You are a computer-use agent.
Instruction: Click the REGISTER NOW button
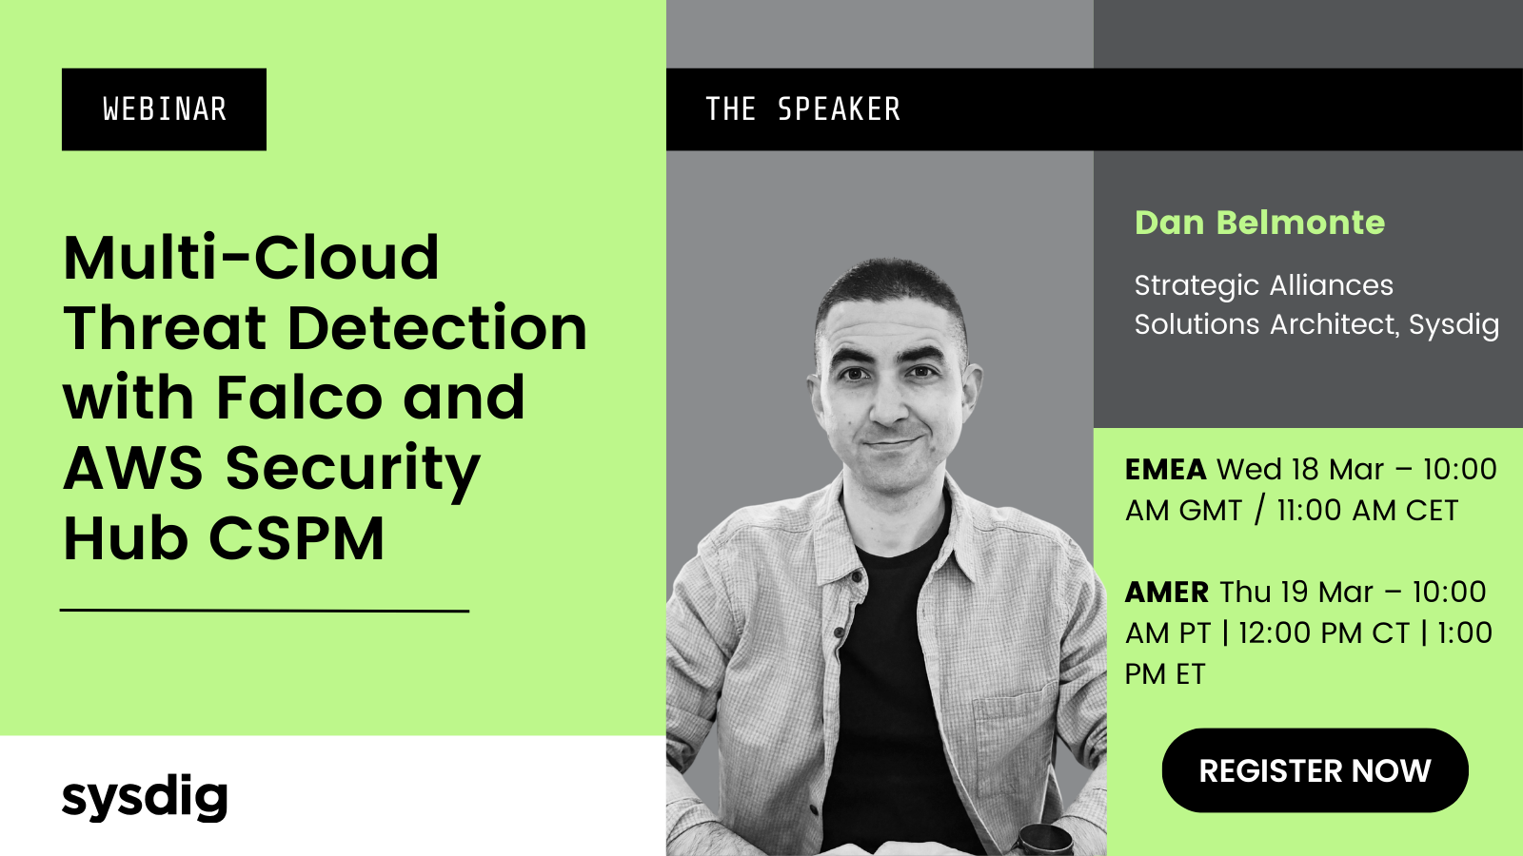(x=1315, y=770)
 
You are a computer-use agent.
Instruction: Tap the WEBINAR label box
(x=164, y=109)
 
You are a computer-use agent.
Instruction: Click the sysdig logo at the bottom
(x=145, y=798)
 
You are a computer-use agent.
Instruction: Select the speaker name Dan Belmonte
(x=1260, y=223)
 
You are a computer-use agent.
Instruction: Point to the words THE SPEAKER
(x=803, y=109)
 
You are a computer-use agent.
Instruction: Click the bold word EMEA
(x=1165, y=470)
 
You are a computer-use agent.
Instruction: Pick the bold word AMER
(x=1167, y=593)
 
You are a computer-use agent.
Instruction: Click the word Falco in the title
(x=299, y=398)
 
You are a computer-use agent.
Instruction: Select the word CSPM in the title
(x=296, y=538)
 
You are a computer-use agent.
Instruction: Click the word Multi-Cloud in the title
(x=251, y=258)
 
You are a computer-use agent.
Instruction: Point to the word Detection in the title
(x=437, y=327)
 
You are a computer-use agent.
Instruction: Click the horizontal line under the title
(x=266, y=611)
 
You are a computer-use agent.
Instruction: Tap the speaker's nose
(x=889, y=405)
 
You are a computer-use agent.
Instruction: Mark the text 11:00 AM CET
(x=1367, y=510)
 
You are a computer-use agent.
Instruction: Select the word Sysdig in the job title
(x=1454, y=325)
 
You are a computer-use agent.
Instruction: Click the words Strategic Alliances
(x=1264, y=286)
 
